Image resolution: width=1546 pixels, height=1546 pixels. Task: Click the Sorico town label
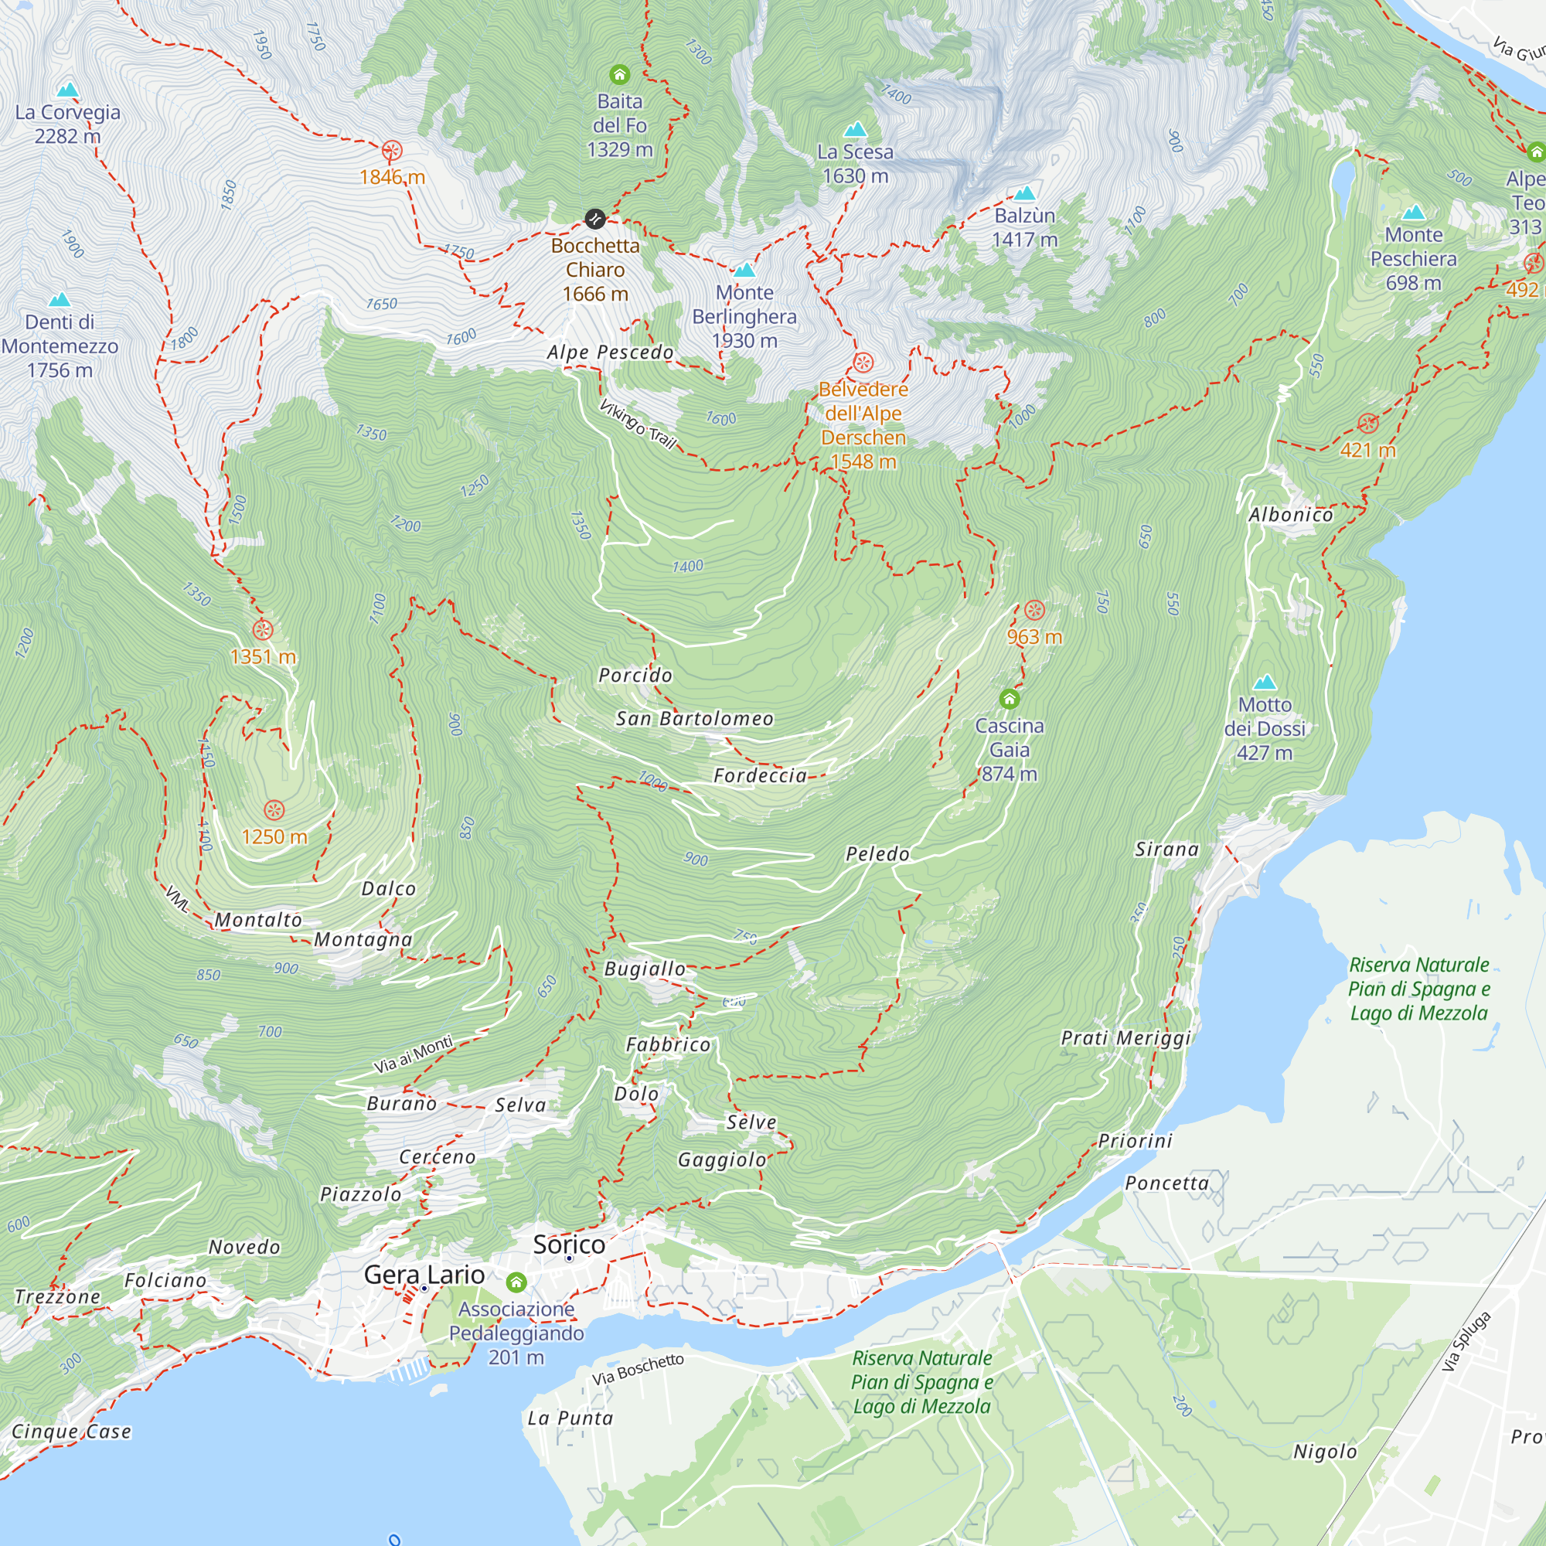coord(569,1245)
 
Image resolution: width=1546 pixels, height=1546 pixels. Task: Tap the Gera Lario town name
coord(424,1275)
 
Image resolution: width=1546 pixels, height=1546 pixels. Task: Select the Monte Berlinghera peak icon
coord(744,270)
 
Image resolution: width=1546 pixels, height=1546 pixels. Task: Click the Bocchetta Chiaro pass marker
coord(594,219)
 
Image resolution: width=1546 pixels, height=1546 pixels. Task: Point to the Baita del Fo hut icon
coord(619,75)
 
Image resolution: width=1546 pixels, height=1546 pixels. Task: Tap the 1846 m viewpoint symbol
coord(391,151)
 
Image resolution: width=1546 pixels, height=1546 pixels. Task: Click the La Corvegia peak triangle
coord(68,89)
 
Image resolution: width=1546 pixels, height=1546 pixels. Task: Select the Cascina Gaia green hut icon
coord(1009,700)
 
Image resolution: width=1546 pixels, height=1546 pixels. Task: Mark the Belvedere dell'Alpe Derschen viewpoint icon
coord(863,363)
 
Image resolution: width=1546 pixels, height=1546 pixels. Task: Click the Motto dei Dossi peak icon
coord(1265,682)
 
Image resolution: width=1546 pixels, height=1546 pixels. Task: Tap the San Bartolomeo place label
coord(695,719)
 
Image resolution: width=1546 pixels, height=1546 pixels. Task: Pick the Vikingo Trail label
coord(638,424)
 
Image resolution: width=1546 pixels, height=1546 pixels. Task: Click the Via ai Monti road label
coord(414,1054)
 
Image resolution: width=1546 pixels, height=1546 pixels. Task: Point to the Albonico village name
coord(1291,515)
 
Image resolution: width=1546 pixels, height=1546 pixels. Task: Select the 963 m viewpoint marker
coord(1034,611)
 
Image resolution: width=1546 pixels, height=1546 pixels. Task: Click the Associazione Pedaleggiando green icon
coord(516,1282)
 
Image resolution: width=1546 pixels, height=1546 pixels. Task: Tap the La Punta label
coord(570,1418)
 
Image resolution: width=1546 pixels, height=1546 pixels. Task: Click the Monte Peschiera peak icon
coord(1414,212)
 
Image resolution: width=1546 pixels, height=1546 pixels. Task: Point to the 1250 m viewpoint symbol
coord(274,810)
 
